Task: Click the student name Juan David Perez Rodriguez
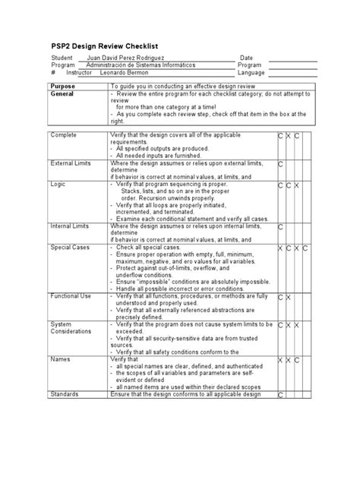click(134, 58)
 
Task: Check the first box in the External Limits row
click(280, 164)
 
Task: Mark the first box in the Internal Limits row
click(280, 226)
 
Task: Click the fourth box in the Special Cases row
click(305, 248)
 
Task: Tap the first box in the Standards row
click(280, 395)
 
